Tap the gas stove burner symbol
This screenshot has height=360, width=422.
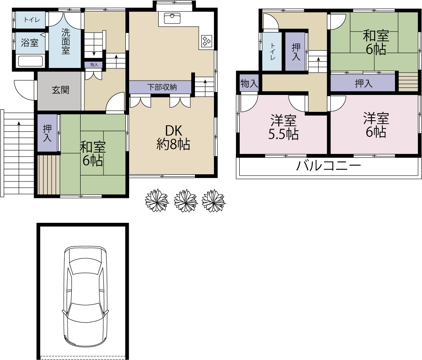click(x=207, y=41)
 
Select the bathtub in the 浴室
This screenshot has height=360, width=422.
click(x=30, y=61)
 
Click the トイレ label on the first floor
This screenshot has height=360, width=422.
click(x=32, y=20)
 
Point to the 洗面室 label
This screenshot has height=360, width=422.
click(x=66, y=41)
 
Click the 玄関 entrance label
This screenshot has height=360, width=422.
click(x=60, y=90)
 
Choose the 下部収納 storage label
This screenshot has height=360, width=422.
click(x=162, y=87)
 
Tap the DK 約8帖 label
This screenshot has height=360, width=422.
click(x=173, y=138)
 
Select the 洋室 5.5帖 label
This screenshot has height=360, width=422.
click(x=284, y=127)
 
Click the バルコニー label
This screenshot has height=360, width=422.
click(x=328, y=166)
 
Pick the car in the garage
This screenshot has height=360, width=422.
click(x=86, y=296)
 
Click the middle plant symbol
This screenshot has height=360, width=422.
click(x=186, y=200)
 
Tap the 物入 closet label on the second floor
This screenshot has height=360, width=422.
click(x=249, y=84)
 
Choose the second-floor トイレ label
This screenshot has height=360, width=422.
click(x=272, y=51)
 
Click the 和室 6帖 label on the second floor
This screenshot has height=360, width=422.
click(x=376, y=43)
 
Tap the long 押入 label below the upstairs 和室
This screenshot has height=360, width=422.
click(x=364, y=84)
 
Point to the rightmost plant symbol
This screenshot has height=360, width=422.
click(x=214, y=200)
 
